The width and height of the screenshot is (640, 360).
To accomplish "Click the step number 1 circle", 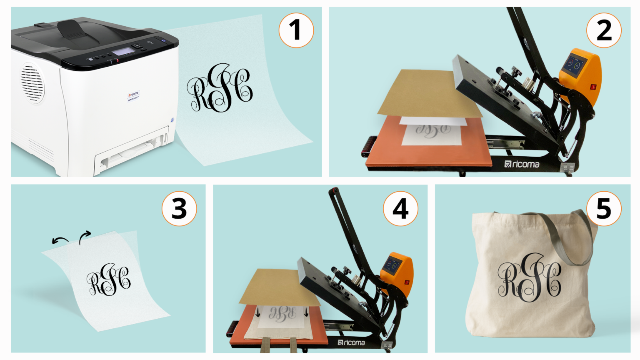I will [296, 30].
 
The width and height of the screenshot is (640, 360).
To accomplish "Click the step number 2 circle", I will [604, 30].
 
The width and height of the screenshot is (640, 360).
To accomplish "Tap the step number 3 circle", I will [179, 208].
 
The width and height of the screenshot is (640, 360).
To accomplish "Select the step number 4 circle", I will [400, 208].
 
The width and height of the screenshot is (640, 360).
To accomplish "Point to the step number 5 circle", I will [604, 208].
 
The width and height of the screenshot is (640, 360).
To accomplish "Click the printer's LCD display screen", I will [123, 52].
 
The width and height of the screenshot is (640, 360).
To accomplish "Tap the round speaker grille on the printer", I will [32, 82].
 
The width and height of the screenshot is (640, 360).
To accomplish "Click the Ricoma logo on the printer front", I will [133, 95].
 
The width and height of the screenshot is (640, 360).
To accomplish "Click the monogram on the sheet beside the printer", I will [220, 88].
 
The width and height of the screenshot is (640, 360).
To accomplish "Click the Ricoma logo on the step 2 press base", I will [522, 164].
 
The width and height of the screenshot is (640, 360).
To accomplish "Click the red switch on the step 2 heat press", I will [593, 87].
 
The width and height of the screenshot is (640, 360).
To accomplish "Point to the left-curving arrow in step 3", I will [60, 240].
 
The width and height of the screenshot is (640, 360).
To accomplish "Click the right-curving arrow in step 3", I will [85, 237].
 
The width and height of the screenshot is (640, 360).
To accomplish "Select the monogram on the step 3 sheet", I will [109, 280].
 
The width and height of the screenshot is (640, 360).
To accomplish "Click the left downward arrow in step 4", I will [258, 312].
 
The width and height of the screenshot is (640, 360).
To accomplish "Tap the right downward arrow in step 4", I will [306, 312].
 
